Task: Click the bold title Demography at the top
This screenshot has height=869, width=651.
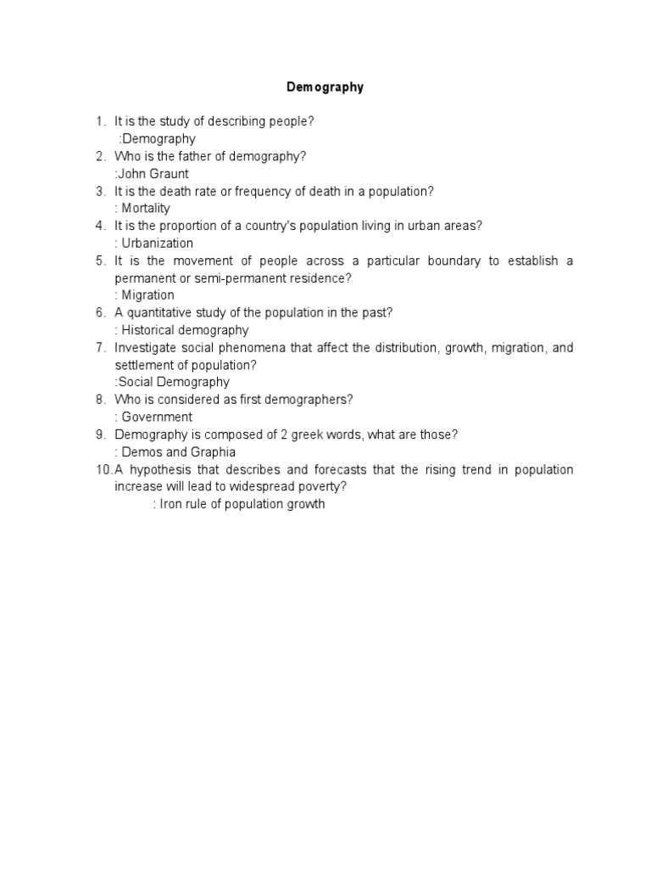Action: (325, 87)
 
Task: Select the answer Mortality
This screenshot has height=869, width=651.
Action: (146, 208)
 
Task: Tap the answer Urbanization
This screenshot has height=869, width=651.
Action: (158, 243)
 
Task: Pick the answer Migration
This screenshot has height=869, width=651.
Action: (147, 295)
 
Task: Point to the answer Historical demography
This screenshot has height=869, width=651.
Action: (185, 330)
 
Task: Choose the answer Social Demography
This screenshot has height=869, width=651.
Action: (174, 382)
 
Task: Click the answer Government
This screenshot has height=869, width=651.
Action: (157, 417)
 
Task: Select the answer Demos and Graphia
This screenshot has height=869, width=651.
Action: (178, 451)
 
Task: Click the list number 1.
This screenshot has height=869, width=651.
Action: (100, 121)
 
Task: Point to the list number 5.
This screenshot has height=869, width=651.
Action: (100, 261)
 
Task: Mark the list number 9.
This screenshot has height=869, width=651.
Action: (100, 434)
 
